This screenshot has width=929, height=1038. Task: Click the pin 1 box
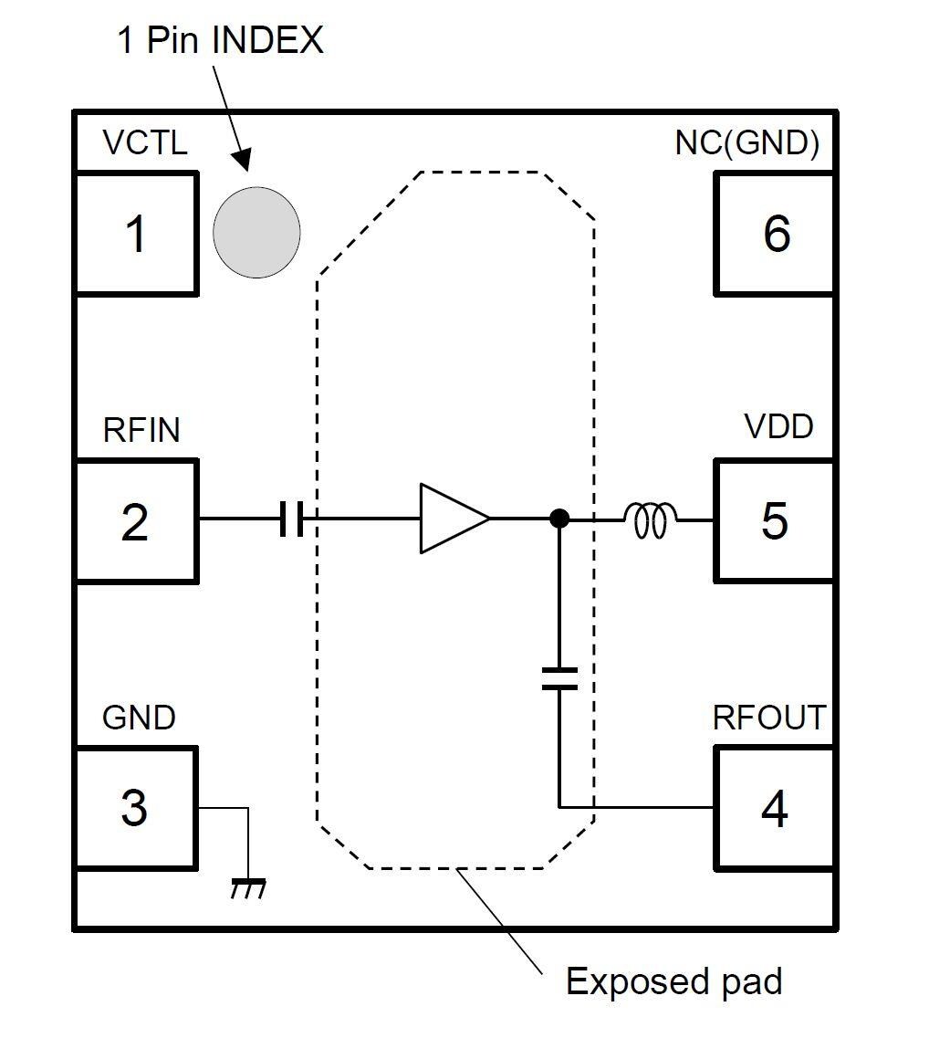click(136, 234)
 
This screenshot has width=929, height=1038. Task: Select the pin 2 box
click(135, 521)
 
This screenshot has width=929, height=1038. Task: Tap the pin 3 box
click(134, 808)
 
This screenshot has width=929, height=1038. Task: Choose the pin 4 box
click(774, 808)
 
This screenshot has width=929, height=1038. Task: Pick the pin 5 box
click(774, 521)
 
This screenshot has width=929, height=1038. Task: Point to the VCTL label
click(145, 143)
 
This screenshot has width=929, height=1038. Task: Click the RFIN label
click(141, 430)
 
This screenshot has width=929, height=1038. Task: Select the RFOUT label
click(768, 718)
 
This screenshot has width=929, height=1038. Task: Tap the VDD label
click(778, 426)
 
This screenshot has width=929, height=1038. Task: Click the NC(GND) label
click(747, 143)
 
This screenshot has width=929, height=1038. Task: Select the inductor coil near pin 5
click(650, 520)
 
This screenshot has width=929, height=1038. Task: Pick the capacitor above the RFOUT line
click(559, 677)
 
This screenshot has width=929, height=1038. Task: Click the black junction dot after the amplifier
click(559, 519)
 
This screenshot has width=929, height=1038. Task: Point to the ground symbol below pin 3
click(247, 887)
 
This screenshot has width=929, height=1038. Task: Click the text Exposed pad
click(673, 981)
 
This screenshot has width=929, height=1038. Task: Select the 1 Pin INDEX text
click(220, 40)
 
